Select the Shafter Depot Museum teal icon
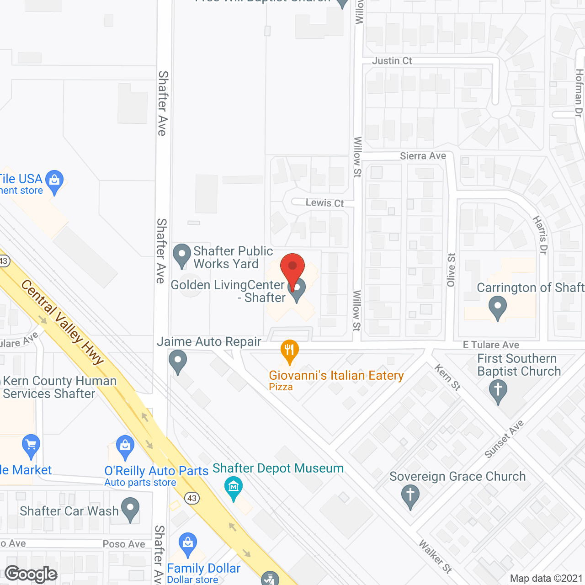point(234,488)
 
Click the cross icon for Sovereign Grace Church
point(410,495)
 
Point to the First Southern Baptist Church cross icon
point(498,392)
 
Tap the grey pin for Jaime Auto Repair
point(178,362)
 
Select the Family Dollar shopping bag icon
point(187,544)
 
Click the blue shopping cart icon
point(31,445)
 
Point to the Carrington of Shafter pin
point(497,307)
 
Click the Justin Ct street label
point(392,61)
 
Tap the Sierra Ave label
point(423,156)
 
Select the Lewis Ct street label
point(324,203)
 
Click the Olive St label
point(451,270)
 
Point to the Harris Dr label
point(540,235)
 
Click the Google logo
point(31,574)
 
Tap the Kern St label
point(447,377)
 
